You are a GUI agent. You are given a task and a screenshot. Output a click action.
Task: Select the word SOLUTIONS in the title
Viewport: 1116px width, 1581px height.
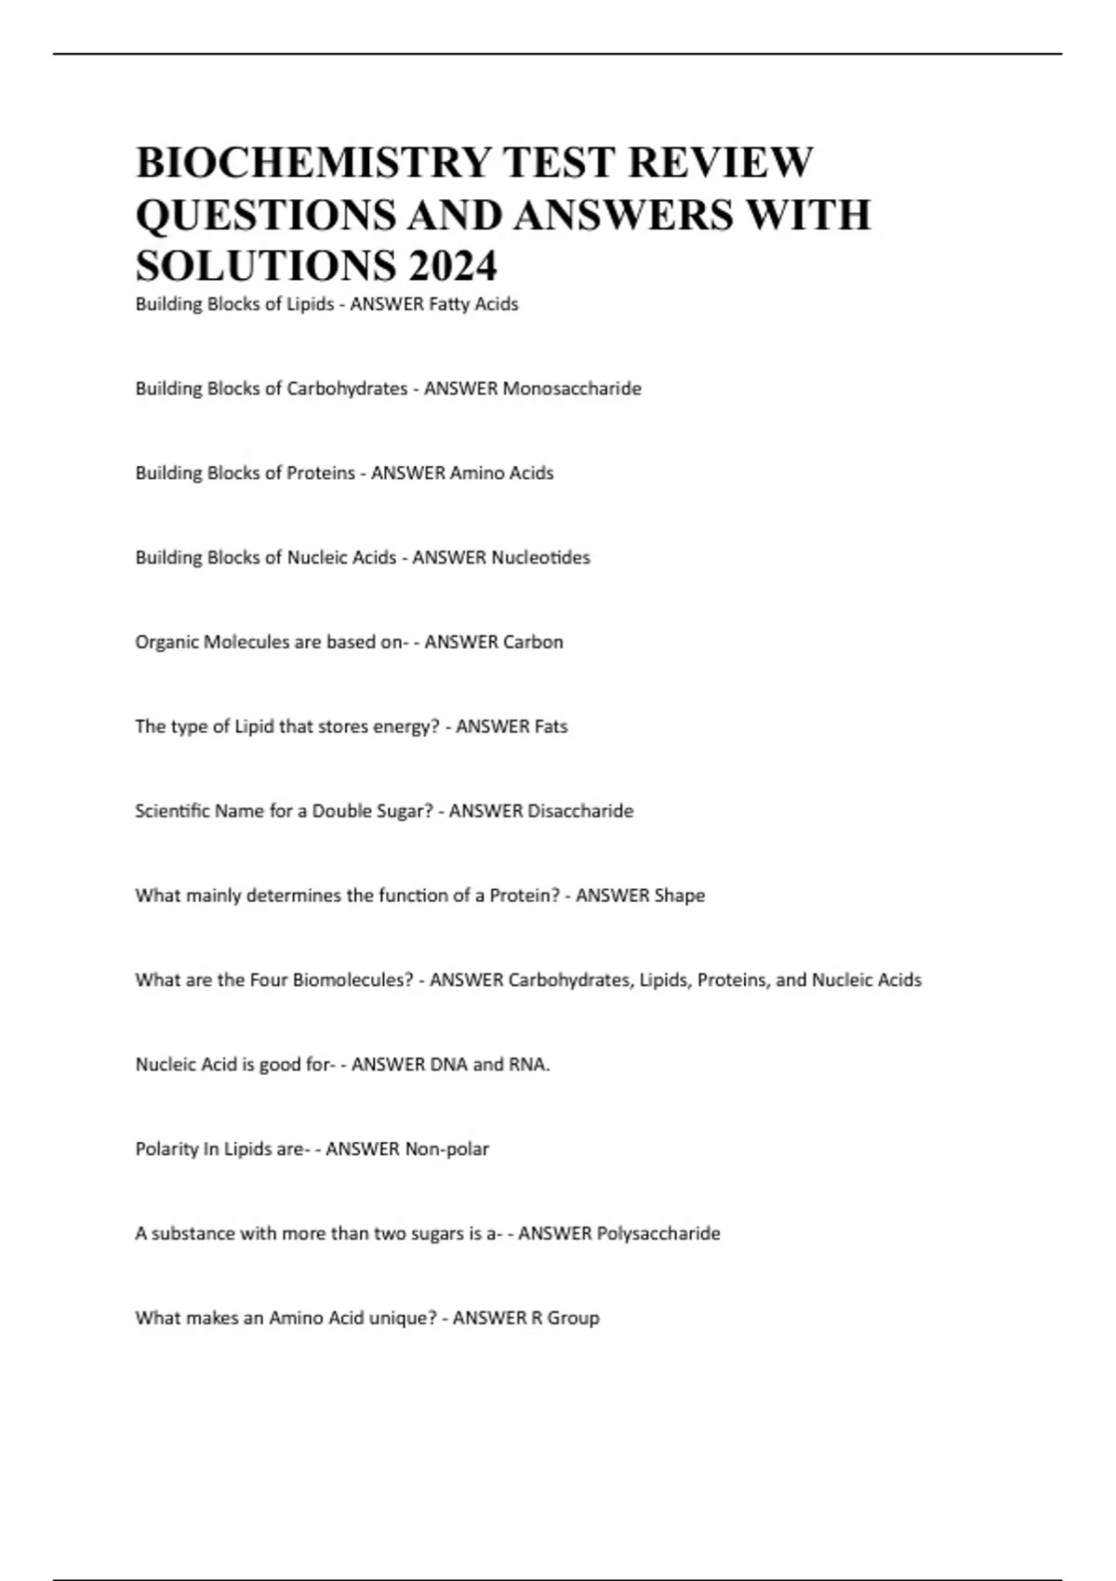click(265, 266)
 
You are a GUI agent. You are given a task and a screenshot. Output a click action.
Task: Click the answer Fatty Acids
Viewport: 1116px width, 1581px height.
click(472, 304)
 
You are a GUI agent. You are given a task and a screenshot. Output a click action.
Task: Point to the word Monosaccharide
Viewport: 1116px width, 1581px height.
click(572, 389)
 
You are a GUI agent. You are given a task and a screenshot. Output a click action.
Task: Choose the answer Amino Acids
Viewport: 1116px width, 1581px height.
click(501, 473)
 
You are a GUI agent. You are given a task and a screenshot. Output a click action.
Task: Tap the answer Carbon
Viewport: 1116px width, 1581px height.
click(533, 643)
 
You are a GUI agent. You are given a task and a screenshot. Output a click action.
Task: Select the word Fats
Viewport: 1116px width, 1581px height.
click(551, 727)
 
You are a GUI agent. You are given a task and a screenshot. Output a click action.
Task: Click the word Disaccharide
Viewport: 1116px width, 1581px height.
click(580, 811)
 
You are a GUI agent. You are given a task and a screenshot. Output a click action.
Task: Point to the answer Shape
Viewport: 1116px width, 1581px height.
click(679, 896)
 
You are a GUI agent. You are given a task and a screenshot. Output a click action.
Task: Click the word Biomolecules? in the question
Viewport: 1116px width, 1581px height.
click(352, 980)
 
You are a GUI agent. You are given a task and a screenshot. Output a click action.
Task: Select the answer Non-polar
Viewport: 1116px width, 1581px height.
click(446, 1149)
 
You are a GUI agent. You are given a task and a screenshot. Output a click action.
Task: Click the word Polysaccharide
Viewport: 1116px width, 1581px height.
click(658, 1234)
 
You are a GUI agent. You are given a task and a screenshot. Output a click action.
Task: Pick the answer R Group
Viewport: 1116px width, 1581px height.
click(565, 1319)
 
